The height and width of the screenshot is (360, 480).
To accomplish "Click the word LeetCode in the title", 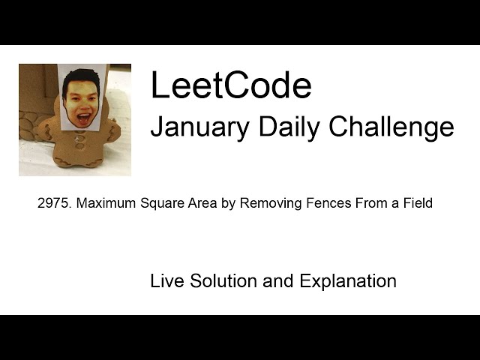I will (x=230, y=86).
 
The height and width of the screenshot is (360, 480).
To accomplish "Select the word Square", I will (x=152, y=203).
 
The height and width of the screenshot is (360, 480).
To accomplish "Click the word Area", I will (x=190, y=203).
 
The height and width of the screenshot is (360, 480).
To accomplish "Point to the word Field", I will (x=416, y=203).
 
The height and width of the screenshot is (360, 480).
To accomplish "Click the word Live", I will (x=167, y=281).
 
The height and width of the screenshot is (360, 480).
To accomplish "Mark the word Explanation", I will (x=348, y=281).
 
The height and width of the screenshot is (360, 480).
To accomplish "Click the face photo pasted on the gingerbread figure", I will (x=82, y=97).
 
